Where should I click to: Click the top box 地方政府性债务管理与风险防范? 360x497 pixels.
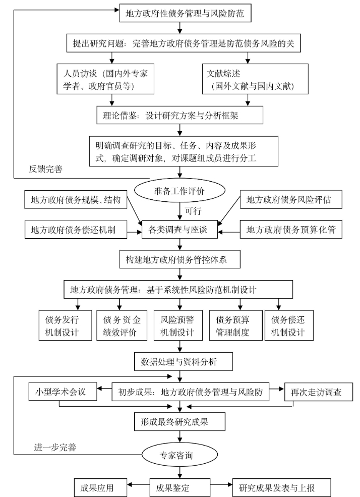click(x=185, y=14)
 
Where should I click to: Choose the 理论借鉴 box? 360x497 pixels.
click(x=180, y=115)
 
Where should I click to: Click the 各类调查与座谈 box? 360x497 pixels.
click(x=180, y=231)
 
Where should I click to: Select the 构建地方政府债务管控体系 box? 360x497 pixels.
click(x=180, y=260)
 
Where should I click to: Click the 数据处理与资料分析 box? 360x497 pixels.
click(x=183, y=362)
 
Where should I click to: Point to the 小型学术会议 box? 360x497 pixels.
click(x=62, y=392)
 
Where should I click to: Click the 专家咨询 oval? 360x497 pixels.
click(x=180, y=456)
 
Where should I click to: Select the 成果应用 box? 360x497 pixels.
click(x=100, y=488)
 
